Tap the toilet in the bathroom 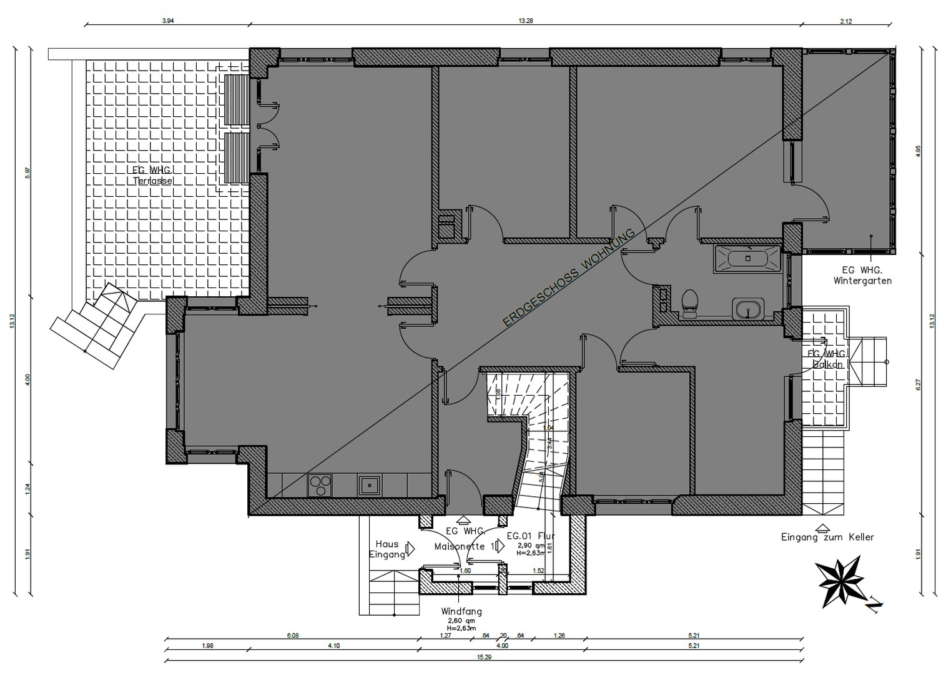click(x=689, y=303)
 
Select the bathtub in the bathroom click(x=747, y=259)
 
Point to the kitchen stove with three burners click(x=320, y=485)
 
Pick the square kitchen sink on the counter click(x=370, y=484)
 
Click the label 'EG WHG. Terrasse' click(x=152, y=176)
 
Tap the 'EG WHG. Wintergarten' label click(x=862, y=276)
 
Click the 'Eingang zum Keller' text click(x=827, y=537)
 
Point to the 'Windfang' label click(x=461, y=611)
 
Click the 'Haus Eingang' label click(x=387, y=549)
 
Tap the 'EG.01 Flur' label click(x=530, y=536)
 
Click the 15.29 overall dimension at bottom click(x=484, y=657)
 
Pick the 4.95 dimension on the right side click(x=917, y=151)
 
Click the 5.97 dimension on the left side click(x=27, y=173)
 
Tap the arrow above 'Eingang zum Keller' click(x=822, y=527)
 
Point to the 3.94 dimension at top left click(x=167, y=21)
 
